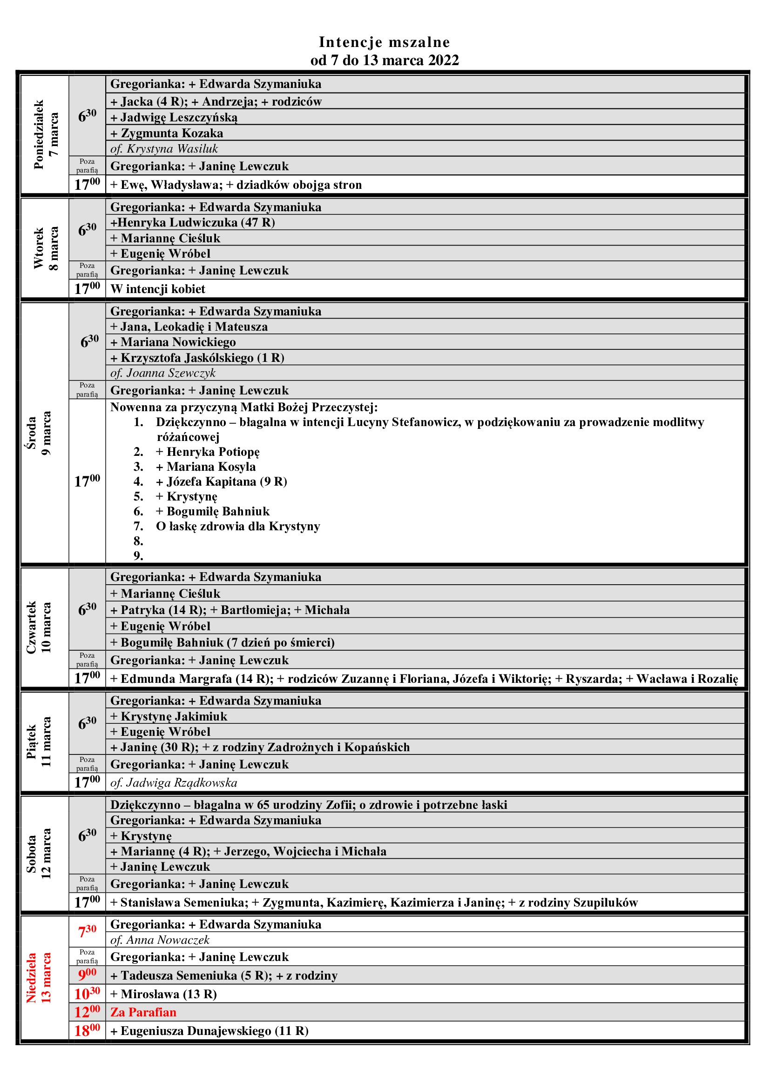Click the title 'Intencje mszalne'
point(384,42)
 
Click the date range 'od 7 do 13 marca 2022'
point(384,60)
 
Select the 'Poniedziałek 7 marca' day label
point(46,134)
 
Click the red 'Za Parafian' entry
point(143,1012)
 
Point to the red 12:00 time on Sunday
point(87,1012)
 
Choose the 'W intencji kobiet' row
point(158,289)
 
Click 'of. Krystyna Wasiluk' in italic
point(164,149)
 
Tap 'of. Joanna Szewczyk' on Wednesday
point(162,373)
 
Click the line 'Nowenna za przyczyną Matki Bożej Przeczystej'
point(243,407)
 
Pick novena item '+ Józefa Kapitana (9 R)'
point(222,481)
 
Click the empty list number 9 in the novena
point(138,555)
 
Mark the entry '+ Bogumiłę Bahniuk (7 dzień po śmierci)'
point(223,642)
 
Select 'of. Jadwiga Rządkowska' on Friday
point(174,783)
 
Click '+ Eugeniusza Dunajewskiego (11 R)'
point(209,1031)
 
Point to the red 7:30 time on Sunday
point(87,931)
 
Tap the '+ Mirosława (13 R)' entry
point(163,994)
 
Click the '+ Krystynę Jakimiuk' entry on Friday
point(169,716)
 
